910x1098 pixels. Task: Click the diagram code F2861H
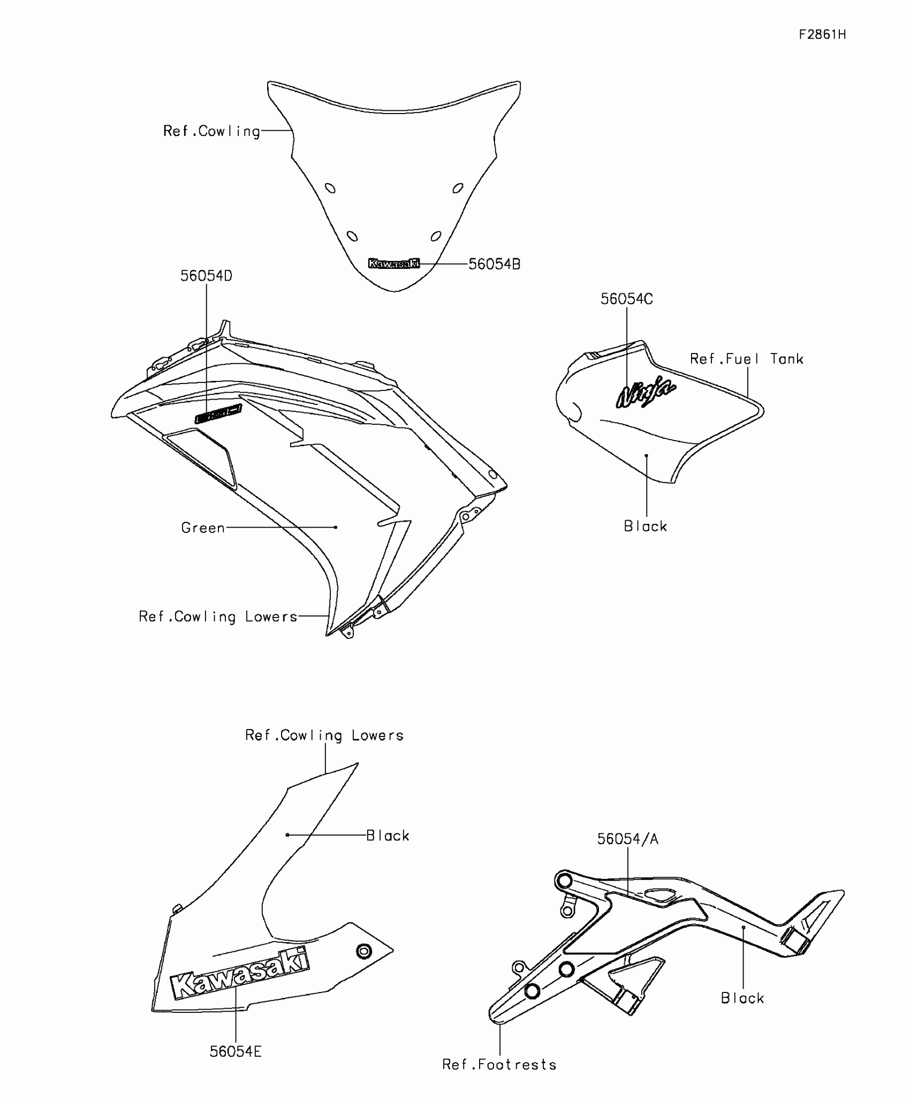[x=822, y=35]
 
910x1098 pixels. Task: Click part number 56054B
[x=494, y=264]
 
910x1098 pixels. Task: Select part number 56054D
[x=206, y=276]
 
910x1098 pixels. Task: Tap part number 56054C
[x=626, y=299]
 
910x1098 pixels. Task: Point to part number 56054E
[x=236, y=1051]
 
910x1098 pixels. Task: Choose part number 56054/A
[x=627, y=839]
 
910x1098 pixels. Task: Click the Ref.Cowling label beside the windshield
[x=211, y=131]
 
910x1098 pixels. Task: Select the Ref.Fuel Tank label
[x=746, y=359]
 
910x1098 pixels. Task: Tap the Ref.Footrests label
[x=499, y=1064]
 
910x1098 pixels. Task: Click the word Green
[x=203, y=528]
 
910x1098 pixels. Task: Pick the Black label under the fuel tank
[x=646, y=527]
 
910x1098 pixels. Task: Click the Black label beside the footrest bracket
[x=742, y=998]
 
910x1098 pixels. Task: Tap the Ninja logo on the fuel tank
[x=646, y=392]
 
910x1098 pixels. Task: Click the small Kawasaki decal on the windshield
[x=394, y=263]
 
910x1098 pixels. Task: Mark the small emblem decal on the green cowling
[x=218, y=414]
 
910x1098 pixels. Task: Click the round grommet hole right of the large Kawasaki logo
[x=364, y=951]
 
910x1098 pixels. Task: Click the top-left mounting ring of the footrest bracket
[x=563, y=881]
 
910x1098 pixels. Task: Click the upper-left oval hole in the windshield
[x=331, y=188]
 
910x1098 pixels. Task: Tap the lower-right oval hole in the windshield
[x=436, y=236]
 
